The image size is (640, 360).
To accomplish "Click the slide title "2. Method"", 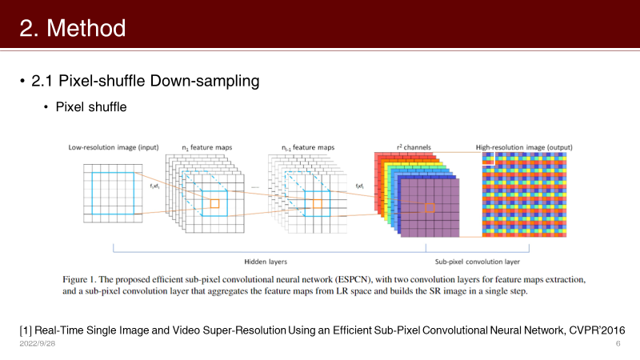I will tap(73, 29).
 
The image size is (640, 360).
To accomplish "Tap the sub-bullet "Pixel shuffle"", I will tap(90, 107).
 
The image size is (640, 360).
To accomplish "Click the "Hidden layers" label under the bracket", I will tap(265, 262).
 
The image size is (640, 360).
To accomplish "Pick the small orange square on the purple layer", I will tap(430, 208).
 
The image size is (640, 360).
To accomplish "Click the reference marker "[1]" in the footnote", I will tap(26, 330).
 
